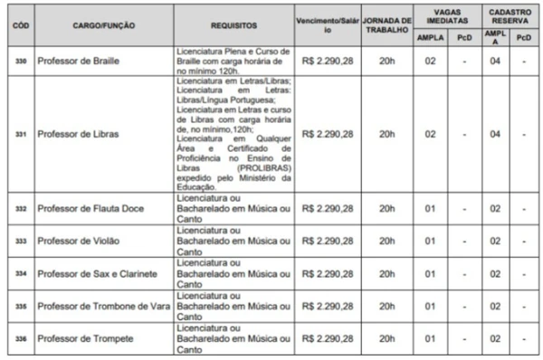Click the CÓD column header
tap(18, 26)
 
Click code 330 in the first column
tap(18, 60)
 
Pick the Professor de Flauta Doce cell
tap(88, 209)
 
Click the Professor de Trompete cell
tap(84, 338)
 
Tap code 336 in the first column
tap(18, 338)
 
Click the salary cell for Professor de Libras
tap(327, 134)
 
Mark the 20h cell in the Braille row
tap(386, 60)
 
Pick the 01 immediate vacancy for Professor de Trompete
tap(430, 338)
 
